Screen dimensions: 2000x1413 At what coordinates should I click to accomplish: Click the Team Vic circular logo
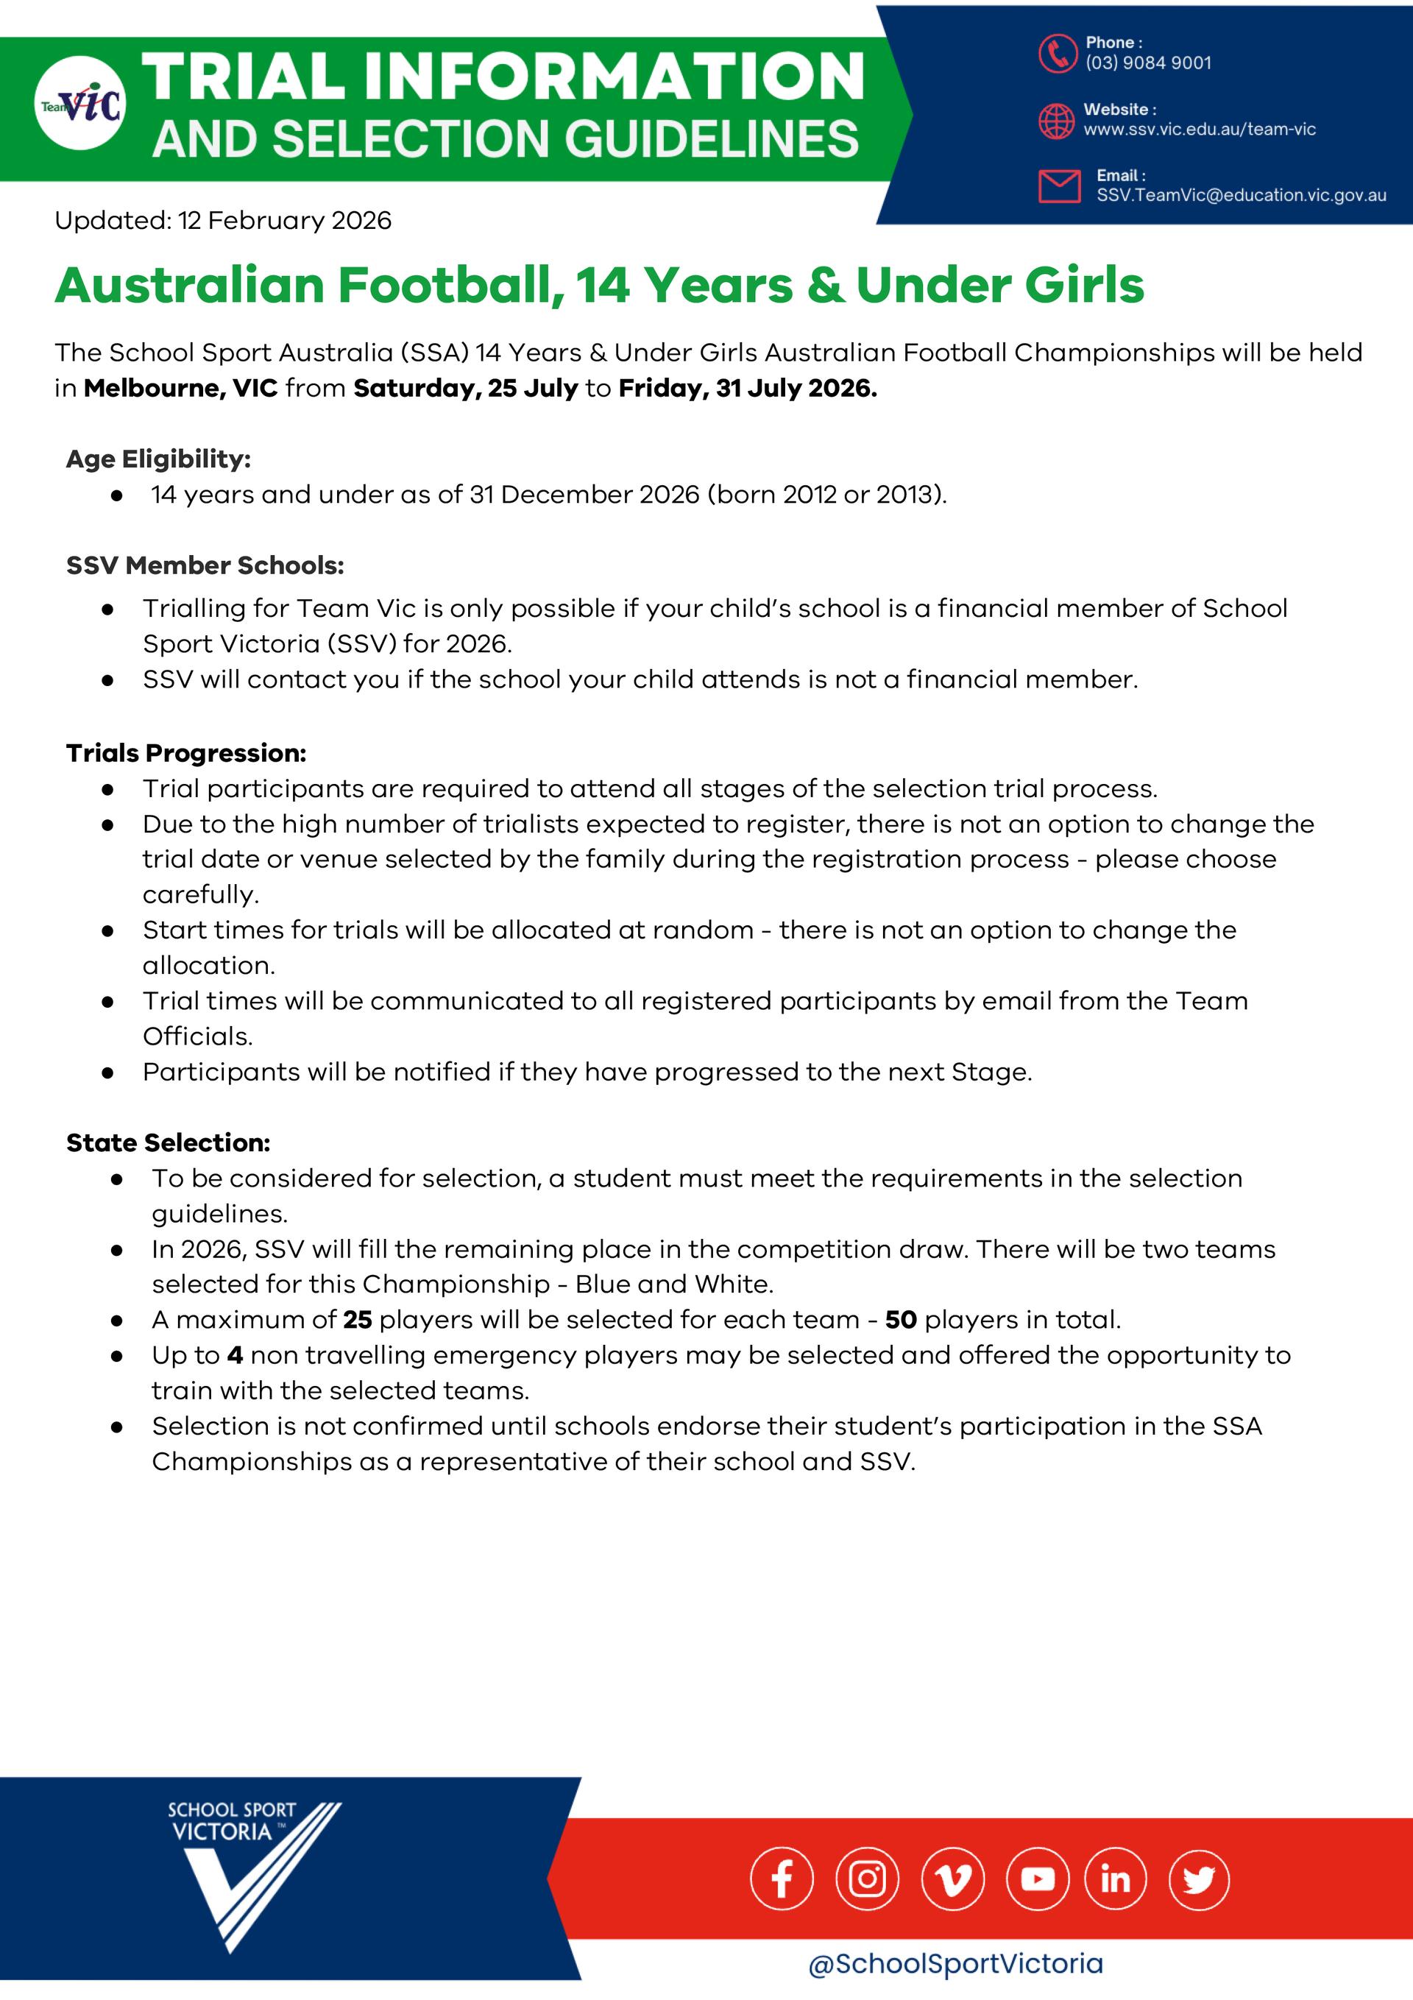80,103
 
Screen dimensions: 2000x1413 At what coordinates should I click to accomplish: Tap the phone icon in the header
1058,53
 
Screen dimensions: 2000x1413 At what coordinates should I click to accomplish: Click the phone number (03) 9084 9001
1147,63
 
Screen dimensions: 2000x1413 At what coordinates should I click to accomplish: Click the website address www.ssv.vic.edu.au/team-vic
1199,130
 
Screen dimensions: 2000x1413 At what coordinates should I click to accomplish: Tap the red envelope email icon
1058,185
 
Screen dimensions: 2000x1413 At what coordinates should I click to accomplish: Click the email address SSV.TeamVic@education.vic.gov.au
1241,195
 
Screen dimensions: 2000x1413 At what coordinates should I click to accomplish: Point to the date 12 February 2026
285,220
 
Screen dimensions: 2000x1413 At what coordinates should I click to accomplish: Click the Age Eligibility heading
158,459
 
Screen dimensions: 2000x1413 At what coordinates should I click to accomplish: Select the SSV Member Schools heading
205,565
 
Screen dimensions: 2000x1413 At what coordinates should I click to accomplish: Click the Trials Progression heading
185,752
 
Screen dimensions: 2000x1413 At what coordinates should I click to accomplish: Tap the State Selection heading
168,1142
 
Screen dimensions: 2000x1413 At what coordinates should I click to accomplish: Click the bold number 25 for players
357,1320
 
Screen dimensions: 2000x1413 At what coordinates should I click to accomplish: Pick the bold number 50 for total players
901,1320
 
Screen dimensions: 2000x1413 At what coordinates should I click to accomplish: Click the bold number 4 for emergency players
234,1355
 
